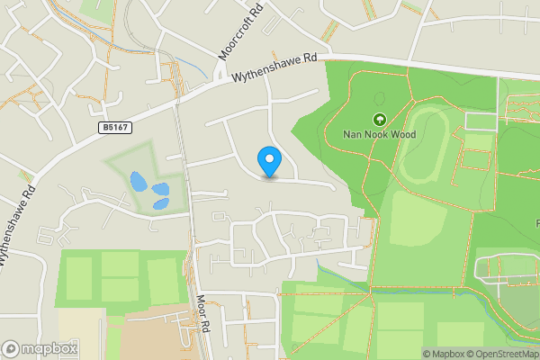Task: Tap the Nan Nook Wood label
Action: (378, 135)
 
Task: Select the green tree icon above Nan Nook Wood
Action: (379, 119)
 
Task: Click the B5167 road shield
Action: (112, 129)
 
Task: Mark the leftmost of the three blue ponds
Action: (139, 181)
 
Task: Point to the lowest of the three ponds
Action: (159, 203)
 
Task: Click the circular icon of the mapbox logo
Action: (12, 348)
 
